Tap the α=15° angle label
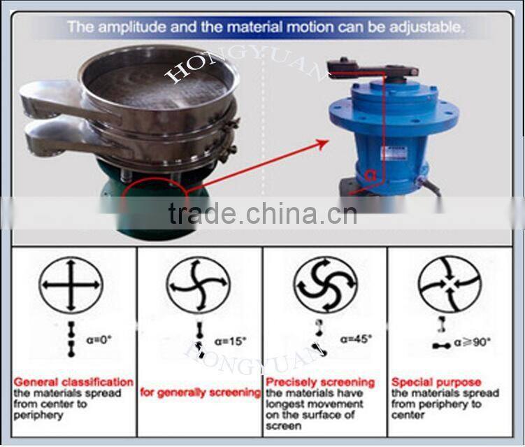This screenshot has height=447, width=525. click(232, 342)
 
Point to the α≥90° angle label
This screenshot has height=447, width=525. click(474, 342)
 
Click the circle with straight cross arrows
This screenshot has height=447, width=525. click(71, 285)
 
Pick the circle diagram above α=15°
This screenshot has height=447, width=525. click(198, 285)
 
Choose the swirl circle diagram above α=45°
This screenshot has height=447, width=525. click(326, 285)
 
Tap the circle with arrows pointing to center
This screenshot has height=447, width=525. click(450, 285)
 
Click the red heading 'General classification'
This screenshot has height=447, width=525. click(73, 383)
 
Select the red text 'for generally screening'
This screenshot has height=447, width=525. click(200, 392)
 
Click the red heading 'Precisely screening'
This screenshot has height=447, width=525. click(320, 383)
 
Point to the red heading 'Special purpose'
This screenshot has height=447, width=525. click(436, 383)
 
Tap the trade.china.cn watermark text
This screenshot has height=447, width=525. click(262, 213)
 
